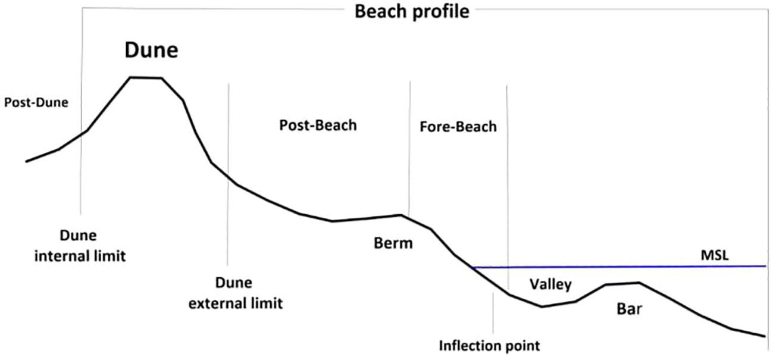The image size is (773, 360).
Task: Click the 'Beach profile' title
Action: (412, 12)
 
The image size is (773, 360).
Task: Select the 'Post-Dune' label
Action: (36, 102)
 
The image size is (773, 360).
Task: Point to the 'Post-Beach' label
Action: (318, 126)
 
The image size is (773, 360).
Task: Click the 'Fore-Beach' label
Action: (458, 127)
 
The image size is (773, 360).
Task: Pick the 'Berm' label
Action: (393, 243)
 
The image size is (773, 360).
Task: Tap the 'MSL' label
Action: (714, 255)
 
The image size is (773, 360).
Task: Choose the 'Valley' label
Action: (550, 284)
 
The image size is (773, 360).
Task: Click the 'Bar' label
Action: (630, 309)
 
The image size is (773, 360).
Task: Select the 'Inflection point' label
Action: (489, 345)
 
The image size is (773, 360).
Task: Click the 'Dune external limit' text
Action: (235, 293)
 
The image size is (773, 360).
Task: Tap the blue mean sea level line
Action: (619, 267)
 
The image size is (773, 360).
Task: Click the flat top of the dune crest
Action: (146, 77)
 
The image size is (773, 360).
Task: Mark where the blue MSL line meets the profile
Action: (471, 267)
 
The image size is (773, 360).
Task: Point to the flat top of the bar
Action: (622, 283)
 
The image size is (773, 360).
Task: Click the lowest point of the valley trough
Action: (542, 306)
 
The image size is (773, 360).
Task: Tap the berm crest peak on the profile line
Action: (402, 215)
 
